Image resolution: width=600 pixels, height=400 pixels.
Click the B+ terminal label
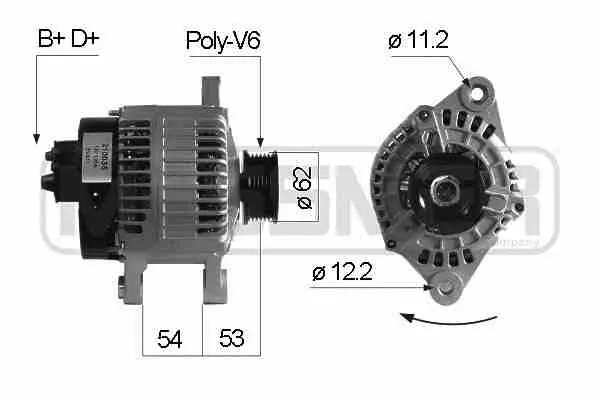point(49,40)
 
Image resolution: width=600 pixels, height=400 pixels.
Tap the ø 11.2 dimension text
point(417,41)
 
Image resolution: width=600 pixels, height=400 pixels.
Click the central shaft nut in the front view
point(441,184)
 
